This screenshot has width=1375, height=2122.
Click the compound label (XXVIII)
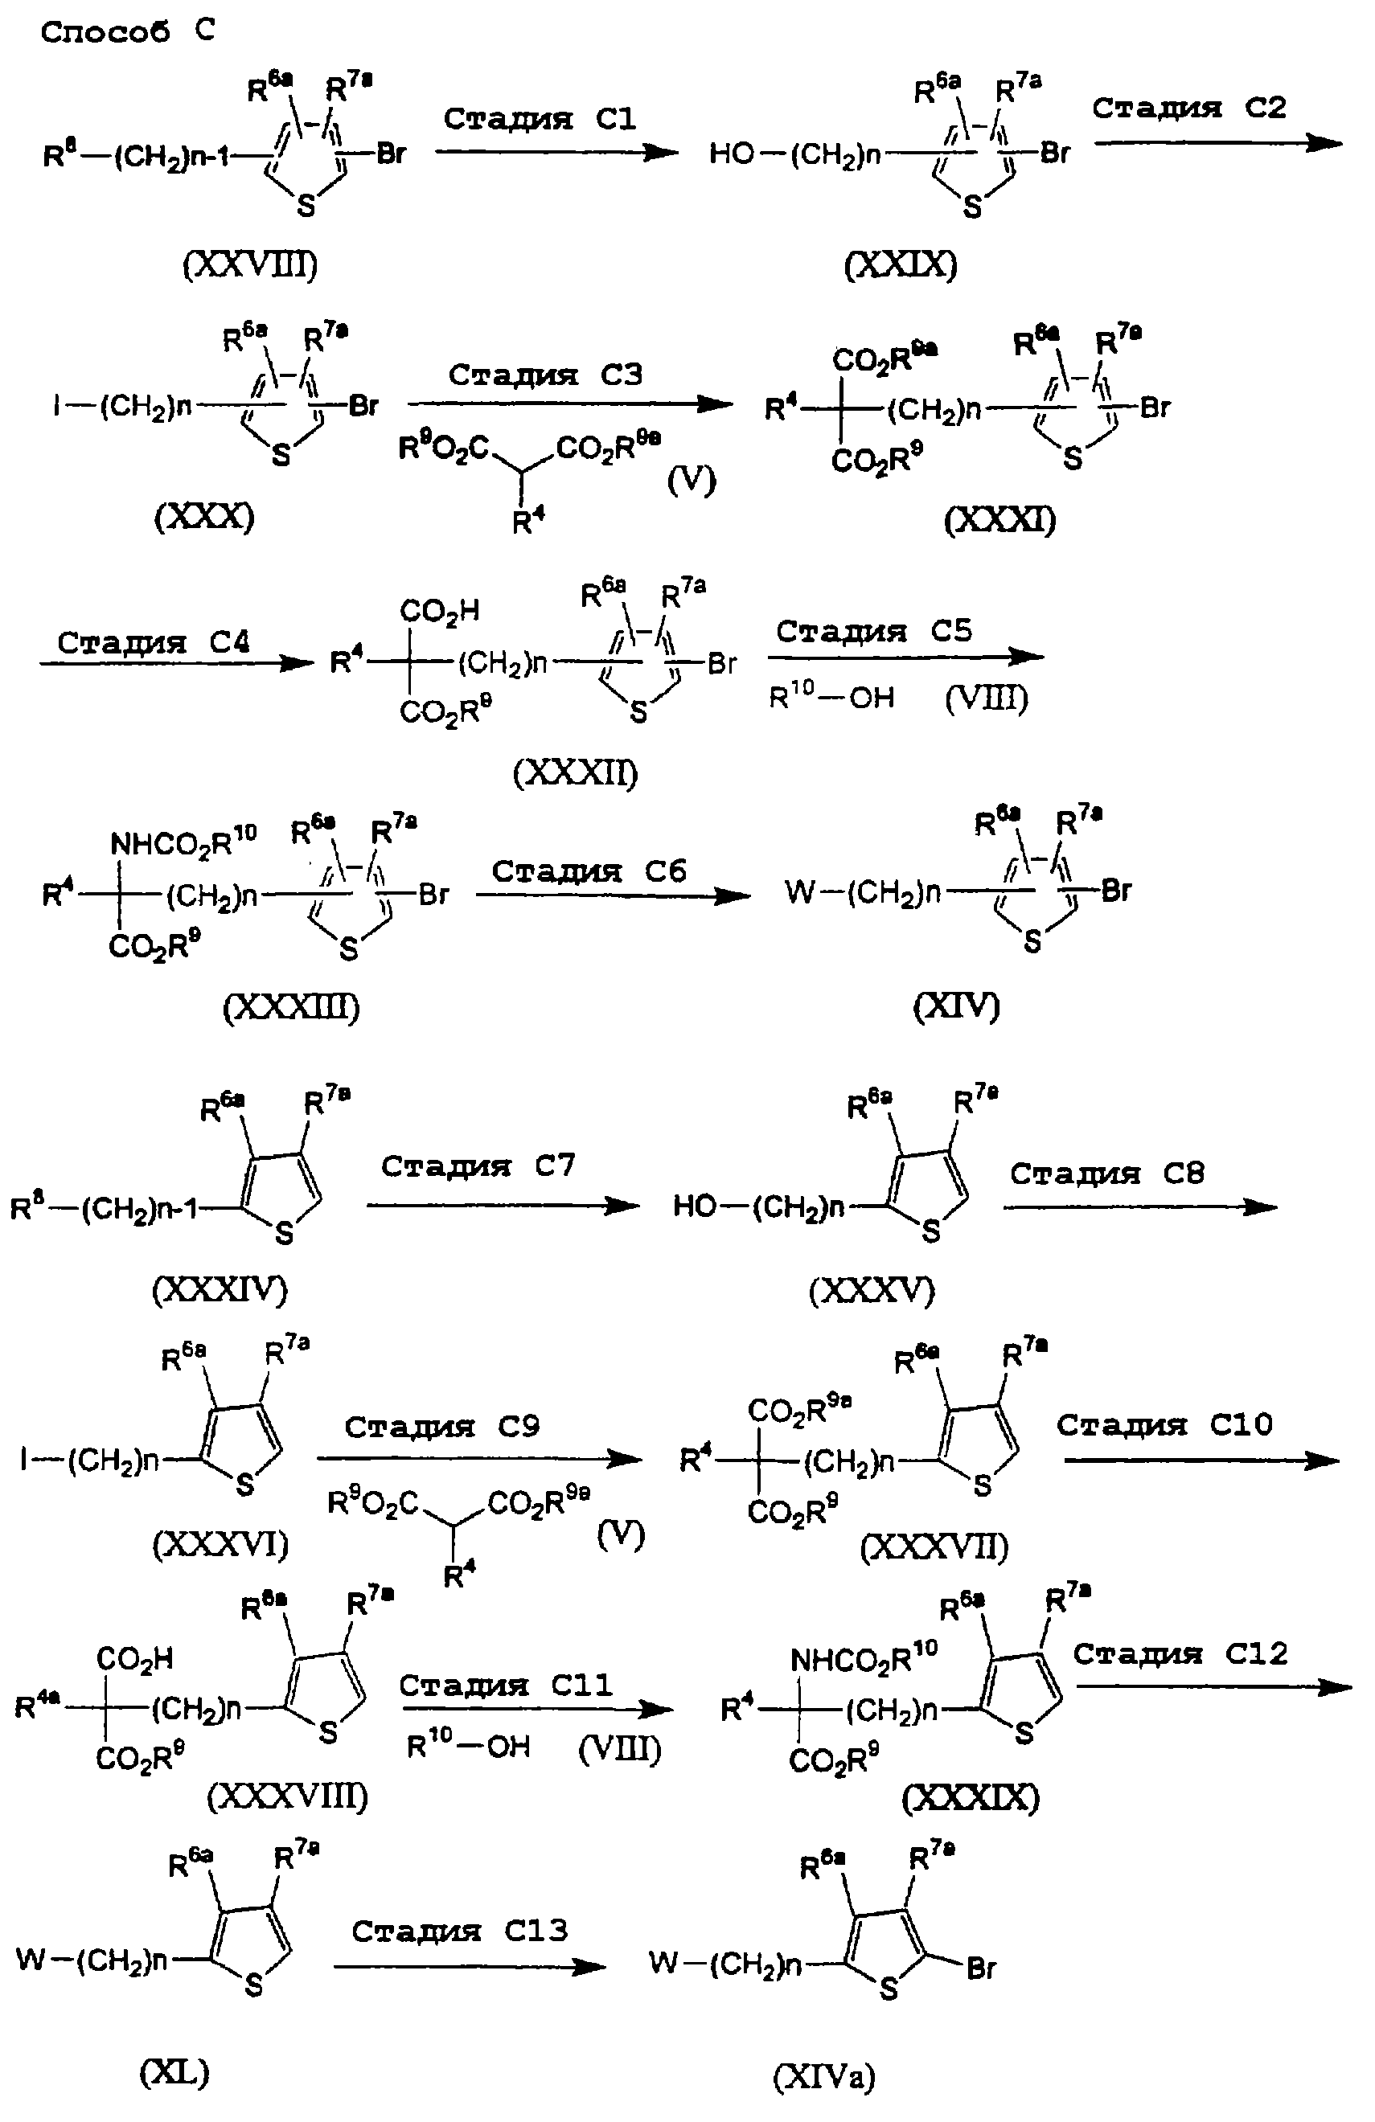(x=250, y=264)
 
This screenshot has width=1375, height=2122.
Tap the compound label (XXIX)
(x=901, y=264)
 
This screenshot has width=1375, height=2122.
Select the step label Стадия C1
(x=540, y=119)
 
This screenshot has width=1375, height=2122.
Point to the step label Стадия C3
(x=545, y=375)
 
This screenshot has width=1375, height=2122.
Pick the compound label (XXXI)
(x=999, y=519)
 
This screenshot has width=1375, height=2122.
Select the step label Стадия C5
(x=873, y=631)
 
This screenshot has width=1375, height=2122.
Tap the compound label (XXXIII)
(x=291, y=1007)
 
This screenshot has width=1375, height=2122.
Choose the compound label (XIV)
(x=956, y=1006)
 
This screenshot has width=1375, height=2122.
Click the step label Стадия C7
(x=478, y=1165)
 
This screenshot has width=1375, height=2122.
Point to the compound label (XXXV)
(x=871, y=1290)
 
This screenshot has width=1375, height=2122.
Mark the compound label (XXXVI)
(x=220, y=1543)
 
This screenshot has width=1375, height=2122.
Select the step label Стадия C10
(x=1164, y=1425)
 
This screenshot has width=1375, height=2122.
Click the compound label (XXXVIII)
(x=287, y=1796)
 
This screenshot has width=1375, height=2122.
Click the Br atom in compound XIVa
(x=980, y=1968)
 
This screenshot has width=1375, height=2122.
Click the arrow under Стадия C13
(x=469, y=1967)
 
